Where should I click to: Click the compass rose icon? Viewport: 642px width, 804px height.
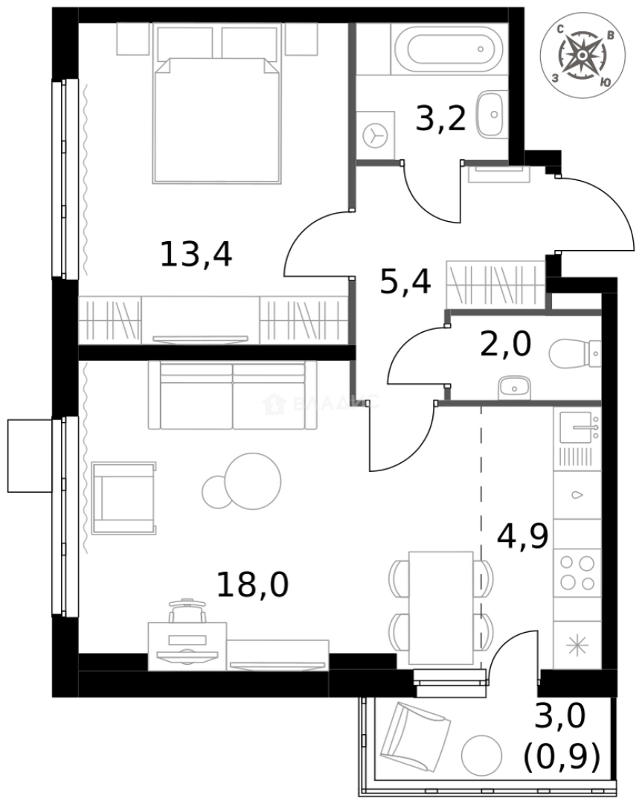pos(581,57)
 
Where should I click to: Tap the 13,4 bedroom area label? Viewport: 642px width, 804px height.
pos(196,255)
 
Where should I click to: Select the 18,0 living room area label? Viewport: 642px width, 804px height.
pos(252,584)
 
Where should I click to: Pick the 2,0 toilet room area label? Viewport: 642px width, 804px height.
pos(505,345)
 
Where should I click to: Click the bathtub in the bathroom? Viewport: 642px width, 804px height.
pos(446,46)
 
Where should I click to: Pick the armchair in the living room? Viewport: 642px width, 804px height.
pos(123,497)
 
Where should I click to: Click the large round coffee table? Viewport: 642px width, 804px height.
pos(253,480)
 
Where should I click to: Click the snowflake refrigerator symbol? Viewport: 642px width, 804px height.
pos(577,645)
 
